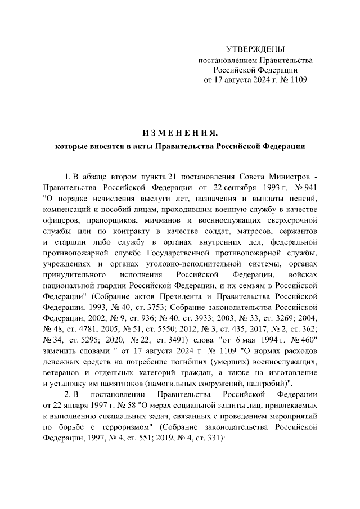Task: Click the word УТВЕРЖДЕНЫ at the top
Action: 255,49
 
